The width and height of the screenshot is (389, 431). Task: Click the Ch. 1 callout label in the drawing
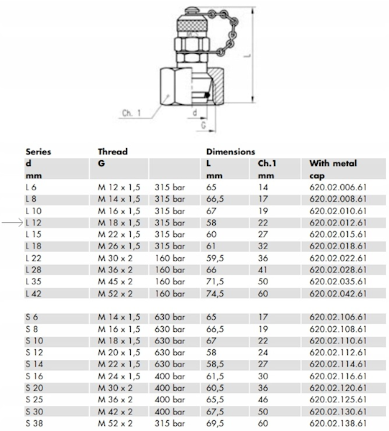[132, 113]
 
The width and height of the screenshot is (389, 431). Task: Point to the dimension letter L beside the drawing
[248, 55]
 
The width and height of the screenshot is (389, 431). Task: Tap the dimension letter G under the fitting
[203, 125]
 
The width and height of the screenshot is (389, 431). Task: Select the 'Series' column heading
[38, 152]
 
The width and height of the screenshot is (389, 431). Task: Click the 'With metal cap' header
[333, 170]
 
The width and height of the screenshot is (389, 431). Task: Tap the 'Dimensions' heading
[231, 152]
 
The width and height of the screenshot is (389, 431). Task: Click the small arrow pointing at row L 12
[12, 223]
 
